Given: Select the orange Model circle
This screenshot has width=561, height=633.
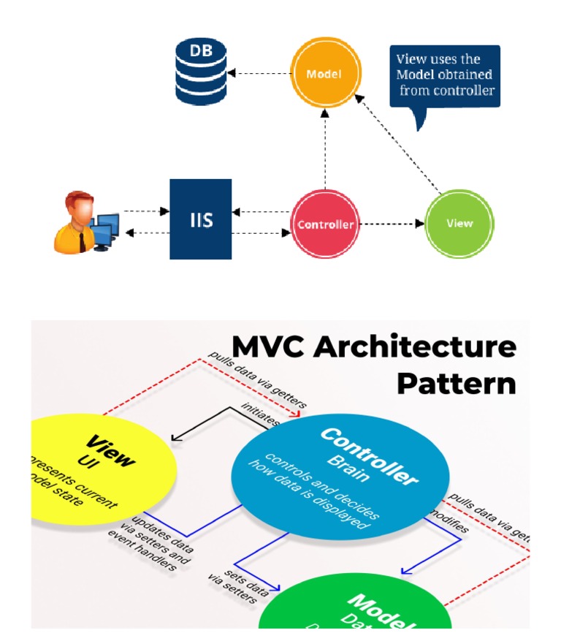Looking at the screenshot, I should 324,75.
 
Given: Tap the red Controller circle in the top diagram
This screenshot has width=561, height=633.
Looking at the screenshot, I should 325,224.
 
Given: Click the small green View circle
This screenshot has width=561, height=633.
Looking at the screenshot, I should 459,224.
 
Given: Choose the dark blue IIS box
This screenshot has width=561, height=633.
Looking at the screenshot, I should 201,219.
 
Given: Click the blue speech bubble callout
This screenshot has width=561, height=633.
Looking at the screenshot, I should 444,77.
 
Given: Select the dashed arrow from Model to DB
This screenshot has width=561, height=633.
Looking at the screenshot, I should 259,74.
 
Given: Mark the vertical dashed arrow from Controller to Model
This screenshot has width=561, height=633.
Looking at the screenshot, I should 324,150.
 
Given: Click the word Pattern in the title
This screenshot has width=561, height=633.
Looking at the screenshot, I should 456,383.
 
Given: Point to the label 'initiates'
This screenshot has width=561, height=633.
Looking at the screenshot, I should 262,415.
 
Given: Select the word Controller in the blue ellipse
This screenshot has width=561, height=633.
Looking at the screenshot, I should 369,456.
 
